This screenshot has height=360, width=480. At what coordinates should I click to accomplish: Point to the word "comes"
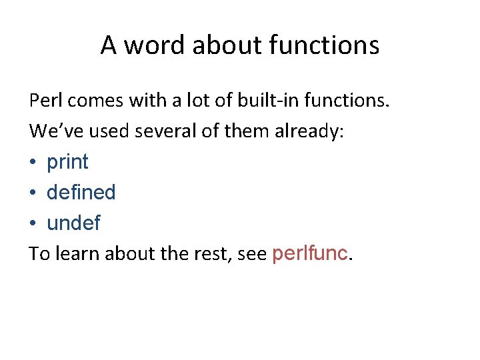(92, 101)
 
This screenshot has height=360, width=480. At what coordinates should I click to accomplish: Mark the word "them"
(247, 131)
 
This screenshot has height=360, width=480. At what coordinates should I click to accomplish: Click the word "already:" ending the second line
(311, 131)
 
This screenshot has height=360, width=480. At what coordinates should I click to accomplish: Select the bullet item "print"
(67, 162)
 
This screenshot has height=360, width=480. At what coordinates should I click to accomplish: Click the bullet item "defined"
(81, 193)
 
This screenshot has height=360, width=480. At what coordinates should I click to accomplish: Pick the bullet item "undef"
(73, 223)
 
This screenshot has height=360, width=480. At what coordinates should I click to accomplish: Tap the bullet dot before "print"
(33, 163)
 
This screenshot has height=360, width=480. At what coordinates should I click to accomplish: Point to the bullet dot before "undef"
(33, 224)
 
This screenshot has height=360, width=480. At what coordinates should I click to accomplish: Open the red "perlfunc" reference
(309, 254)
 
